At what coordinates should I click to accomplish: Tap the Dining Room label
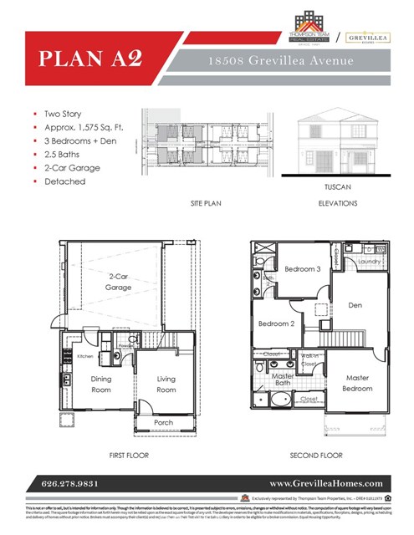coord(100,384)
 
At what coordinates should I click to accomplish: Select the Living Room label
coord(166,384)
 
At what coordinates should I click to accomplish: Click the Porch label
coord(164,423)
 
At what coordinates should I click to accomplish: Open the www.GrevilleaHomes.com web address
coord(325,483)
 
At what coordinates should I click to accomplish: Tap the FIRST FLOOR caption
coord(130,456)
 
